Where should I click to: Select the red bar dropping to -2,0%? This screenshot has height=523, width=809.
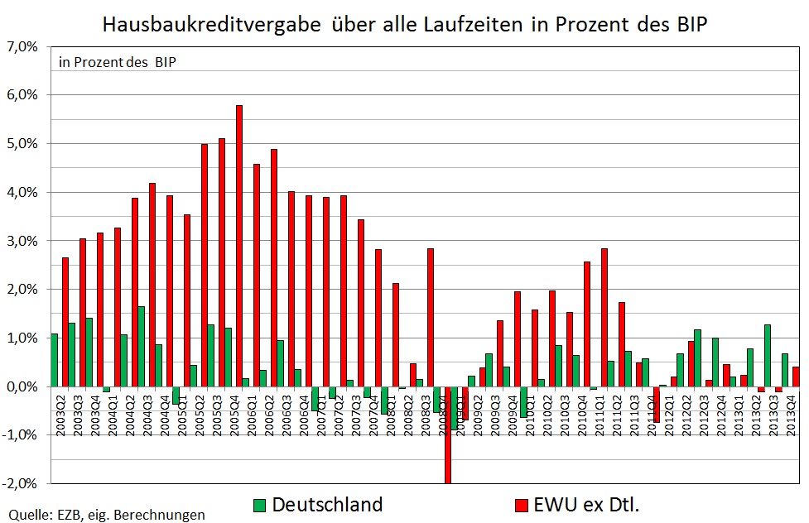point(448,434)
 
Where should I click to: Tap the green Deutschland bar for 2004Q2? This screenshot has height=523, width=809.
point(142,346)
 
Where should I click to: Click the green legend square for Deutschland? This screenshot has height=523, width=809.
point(258,505)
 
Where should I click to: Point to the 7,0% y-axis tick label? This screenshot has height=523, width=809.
point(23,46)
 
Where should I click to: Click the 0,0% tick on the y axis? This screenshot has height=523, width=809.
point(23,386)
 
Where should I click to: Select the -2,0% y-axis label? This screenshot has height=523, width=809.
point(22,483)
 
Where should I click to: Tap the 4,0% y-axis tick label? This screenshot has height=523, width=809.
point(23,192)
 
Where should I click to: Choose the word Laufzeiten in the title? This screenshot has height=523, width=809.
point(469,24)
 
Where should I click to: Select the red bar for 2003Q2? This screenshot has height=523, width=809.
point(65,322)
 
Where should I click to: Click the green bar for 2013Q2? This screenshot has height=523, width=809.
point(768,355)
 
